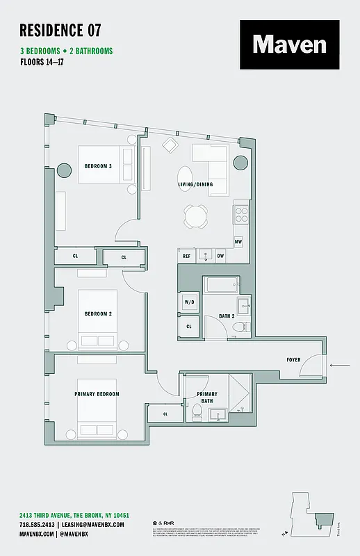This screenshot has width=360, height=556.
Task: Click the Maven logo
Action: [289, 44]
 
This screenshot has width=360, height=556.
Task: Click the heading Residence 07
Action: [60, 30]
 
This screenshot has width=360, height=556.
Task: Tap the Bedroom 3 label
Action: [97, 166]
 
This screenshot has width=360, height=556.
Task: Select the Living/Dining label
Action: [195, 184]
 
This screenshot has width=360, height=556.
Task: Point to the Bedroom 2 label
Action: [98, 313]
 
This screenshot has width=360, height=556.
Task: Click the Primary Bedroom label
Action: [97, 394]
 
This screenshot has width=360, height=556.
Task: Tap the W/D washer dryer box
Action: [189, 303]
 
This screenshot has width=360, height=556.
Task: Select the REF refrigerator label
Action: [186, 256]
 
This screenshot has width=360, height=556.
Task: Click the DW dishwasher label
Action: [220, 256]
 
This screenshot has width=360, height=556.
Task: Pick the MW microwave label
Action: [238, 242]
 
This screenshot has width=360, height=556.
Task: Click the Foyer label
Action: [293, 359]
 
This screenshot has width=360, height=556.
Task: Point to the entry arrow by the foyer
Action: [340, 365]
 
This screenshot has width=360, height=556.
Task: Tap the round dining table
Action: [196, 216]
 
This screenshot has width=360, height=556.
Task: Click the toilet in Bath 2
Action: [238, 326]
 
